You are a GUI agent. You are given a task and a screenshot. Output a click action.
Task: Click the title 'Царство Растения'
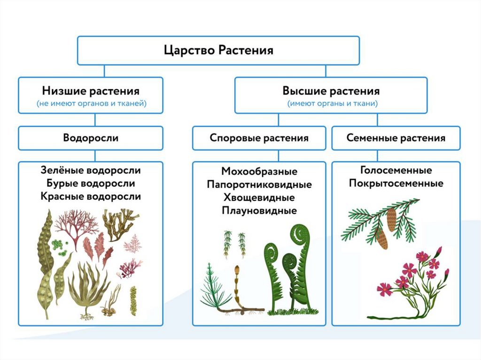click(x=218, y=50)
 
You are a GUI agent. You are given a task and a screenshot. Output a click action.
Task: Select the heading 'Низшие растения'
click(x=91, y=90)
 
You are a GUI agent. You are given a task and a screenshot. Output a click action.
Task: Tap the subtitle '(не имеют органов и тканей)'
click(x=91, y=104)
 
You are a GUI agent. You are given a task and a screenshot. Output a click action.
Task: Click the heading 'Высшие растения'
click(x=331, y=90)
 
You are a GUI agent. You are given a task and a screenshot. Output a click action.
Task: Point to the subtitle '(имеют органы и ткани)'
click(x=331, y=104)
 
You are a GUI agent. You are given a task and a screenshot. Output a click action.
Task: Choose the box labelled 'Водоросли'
click(x=91, y=138)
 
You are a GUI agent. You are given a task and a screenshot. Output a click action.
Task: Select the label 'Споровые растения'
click(x=259, y=138)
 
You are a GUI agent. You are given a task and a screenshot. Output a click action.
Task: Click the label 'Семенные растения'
click(x=396, y=138)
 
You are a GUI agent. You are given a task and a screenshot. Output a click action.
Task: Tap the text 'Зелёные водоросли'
click(x=91, y=170)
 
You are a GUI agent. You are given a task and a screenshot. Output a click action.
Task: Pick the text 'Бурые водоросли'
click(x=91, y=183)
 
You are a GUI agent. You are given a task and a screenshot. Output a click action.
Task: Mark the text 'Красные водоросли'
click(x=91, y=196)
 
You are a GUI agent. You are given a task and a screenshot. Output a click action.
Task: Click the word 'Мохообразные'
click(x=259, y=172)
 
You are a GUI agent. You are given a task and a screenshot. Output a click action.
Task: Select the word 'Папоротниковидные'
click(x=259, y=184)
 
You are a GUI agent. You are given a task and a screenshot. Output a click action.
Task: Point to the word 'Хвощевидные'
click(x=259, y=198)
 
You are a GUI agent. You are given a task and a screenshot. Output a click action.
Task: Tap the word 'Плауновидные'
click(x=259, y=211)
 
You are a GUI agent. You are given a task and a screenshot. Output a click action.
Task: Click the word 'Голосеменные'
click(x=396, y=170)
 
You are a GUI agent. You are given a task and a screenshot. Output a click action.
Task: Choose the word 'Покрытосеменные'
click(x=396, y=183)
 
